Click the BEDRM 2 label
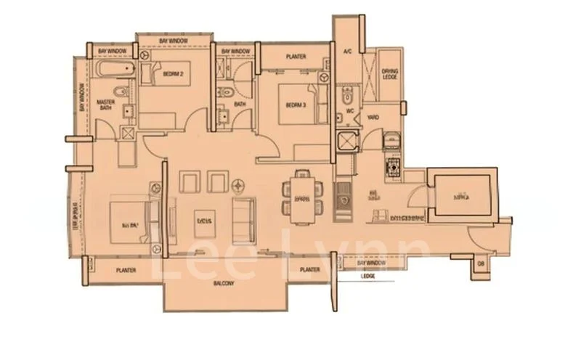pyautogui.click(x=172, y=74)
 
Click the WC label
pyautogui.click(x=349, y=111)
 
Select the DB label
pyautogui.click(x=479, y=263)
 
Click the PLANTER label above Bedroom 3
pyautogui.click(x=296, y=57)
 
